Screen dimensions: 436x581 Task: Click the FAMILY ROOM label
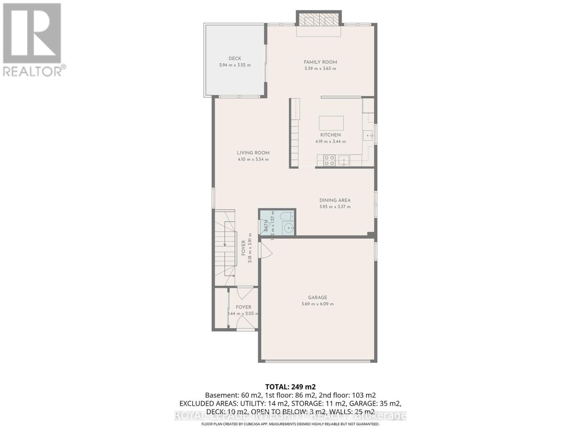(x=320, y=62)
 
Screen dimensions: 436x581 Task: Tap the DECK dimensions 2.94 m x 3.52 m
(x=235, y=65)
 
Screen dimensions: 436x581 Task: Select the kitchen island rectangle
(x=331, y=123)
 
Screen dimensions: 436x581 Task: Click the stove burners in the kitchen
(x=329, y=161)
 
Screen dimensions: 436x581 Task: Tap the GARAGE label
(x=317, y=298)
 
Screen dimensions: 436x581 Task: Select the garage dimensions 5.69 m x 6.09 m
(x=317, y=304)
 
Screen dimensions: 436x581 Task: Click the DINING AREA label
(x=335, y=200)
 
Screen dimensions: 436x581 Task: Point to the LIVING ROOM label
(x=253, y=153)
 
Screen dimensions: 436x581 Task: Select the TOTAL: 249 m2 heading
(x=290, y=387)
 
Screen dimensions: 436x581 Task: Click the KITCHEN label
(x=330, y=135)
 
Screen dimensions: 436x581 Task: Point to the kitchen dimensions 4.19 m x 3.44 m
(x=330, y=142)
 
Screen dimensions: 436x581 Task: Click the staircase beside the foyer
(x=225, y=251)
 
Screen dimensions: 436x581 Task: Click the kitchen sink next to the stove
(x=344, y=160)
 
